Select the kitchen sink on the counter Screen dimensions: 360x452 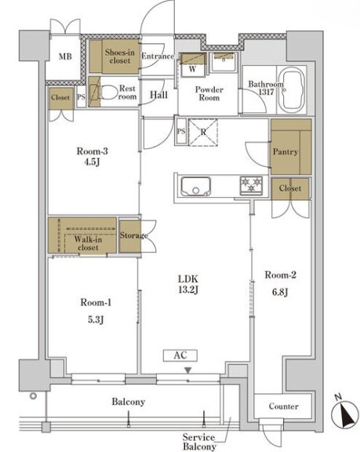point(196,186)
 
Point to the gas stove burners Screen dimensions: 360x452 point(251,185)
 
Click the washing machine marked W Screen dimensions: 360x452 point(193,65)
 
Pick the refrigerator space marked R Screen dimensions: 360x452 point(203,132)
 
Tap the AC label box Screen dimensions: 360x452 point(180,355)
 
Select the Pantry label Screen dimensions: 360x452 point(285,152)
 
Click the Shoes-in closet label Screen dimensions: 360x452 point(119,56)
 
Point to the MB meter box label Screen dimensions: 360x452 point(65,56)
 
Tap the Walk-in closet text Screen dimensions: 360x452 point(88,243)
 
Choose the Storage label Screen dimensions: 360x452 point(133,235)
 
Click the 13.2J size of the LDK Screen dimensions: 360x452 point(188,290)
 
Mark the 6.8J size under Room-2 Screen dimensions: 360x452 point(280,292)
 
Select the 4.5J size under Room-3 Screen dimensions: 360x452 point(92,162)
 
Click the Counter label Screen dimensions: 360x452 point(283,406)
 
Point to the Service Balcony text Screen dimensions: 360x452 point(199,442)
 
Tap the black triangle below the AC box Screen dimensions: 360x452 point(188,370)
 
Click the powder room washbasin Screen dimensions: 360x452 point(224,62)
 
